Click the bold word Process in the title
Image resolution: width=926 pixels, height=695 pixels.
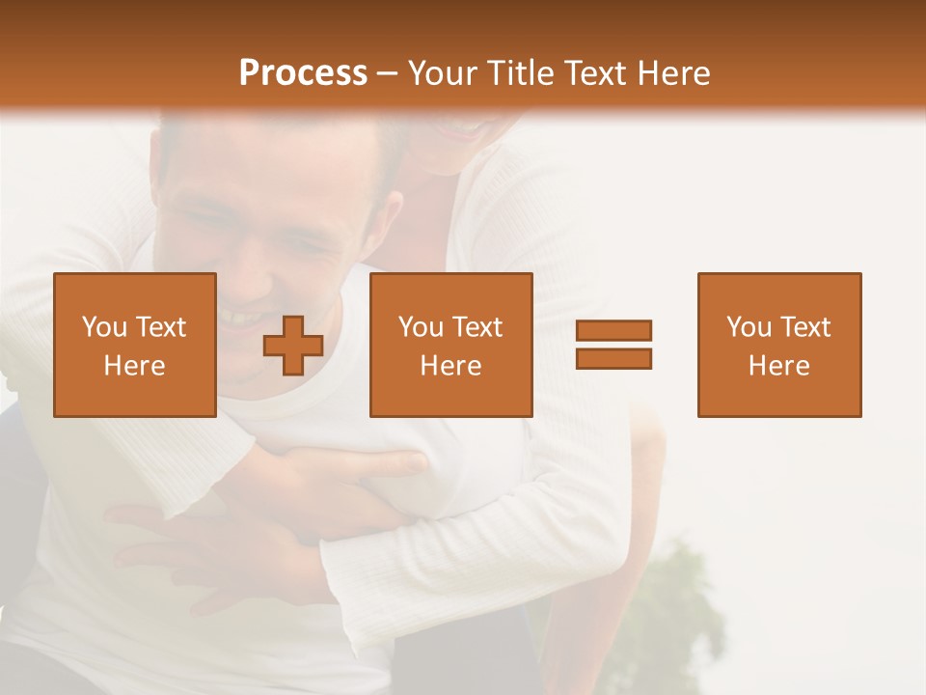pos(303,73)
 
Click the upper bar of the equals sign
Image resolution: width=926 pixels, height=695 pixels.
pos(613,331)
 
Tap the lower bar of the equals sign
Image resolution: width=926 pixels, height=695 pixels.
pos(613,358)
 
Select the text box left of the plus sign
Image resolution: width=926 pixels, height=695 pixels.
pos(135,345)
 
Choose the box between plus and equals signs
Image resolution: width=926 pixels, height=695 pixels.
pos(450,345)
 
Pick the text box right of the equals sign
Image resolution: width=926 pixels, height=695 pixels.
pos(779,345)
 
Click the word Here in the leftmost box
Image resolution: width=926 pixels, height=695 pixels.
pos(135,366)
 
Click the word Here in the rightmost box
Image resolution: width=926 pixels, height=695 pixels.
pos(779,366)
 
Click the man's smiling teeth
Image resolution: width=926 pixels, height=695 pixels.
pos(241,316)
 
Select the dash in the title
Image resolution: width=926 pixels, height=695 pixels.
pos(387,74)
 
